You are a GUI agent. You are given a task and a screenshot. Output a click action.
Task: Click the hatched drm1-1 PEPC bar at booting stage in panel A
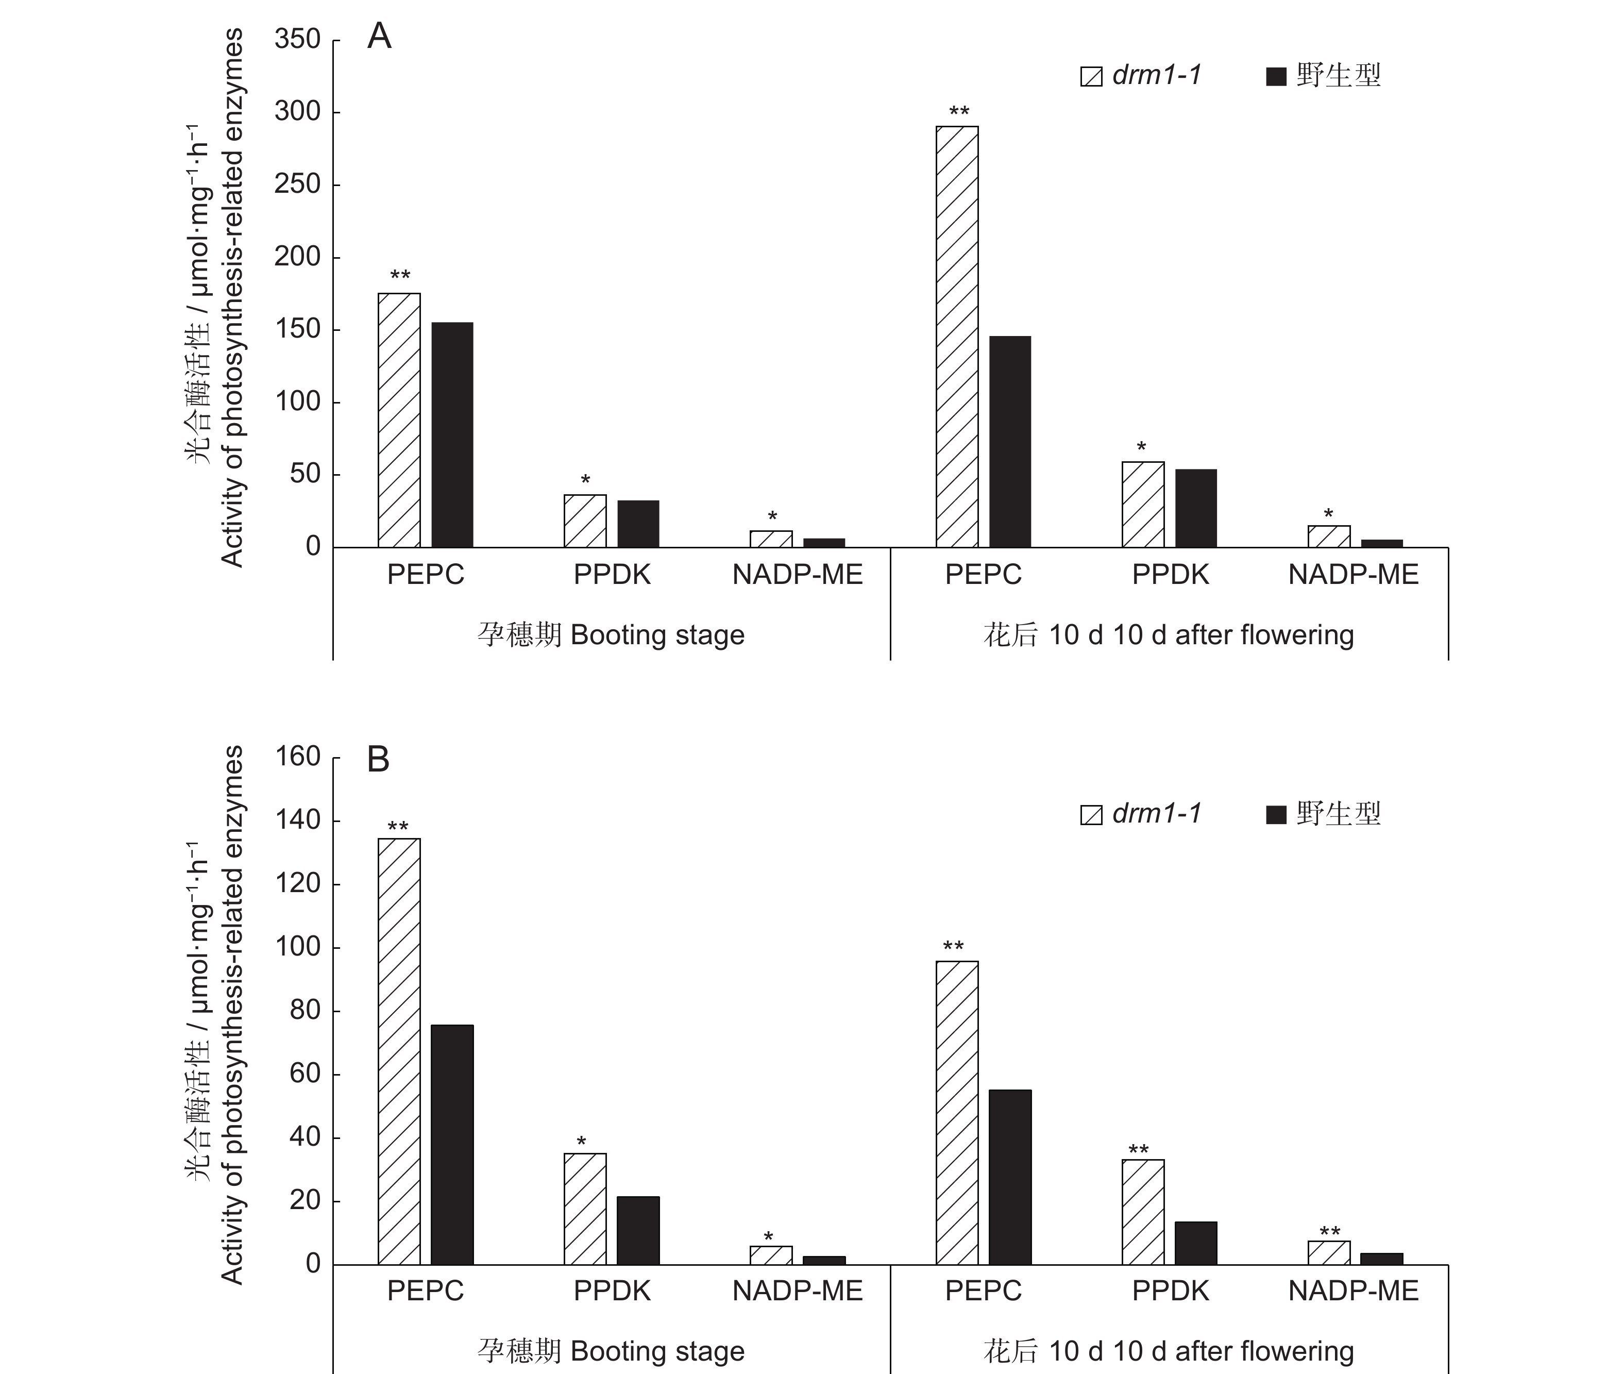pyautogui.click(x=399, y=420)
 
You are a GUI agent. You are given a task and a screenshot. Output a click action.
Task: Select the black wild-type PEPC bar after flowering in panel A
pyautogui.click(x=1009, y=442)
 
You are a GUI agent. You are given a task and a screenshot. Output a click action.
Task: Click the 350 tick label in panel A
pyautogui.click(x=297, y=39)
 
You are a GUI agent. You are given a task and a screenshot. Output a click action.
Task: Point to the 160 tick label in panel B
pyautogui.click(x=297, y=757)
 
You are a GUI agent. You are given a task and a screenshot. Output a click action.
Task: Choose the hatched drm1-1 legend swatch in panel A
pyautogui.click(x=1091, y=76)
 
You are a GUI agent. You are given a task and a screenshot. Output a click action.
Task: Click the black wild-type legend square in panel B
pyautogui.click(x=1276, y=815)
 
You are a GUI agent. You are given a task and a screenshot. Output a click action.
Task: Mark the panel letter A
pyautogui.click(x=379, y=36)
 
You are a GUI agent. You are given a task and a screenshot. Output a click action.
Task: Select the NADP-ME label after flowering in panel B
pyautogui.click(x=1353, y=1292)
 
